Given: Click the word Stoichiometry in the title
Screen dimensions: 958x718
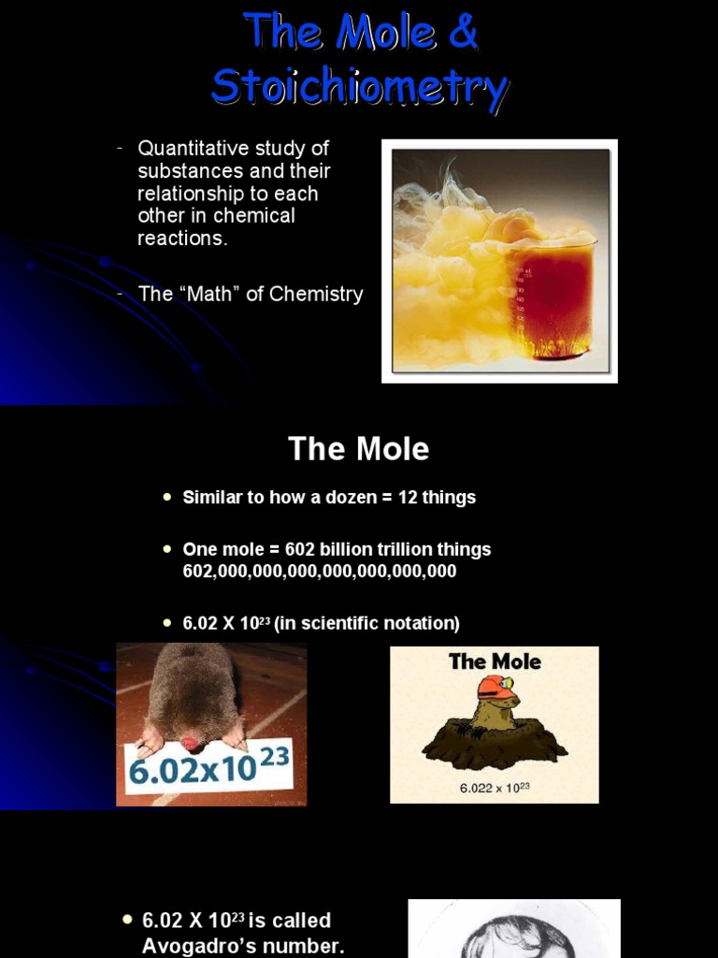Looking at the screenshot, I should point(360,87).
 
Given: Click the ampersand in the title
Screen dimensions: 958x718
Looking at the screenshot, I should point(461,33).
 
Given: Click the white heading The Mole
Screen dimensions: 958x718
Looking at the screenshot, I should point(358,449).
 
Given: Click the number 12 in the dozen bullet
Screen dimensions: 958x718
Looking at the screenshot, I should point(408,498).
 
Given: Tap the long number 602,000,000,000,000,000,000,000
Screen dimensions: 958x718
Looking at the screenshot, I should point(319,571).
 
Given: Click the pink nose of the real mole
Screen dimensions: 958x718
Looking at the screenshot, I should point(192,744).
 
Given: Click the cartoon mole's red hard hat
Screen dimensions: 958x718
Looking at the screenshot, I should point(493,688).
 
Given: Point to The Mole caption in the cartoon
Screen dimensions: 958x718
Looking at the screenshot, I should point(495,661).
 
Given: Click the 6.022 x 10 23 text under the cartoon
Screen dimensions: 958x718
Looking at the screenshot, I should point(495,788).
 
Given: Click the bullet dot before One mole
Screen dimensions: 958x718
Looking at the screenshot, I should point(167,549).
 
